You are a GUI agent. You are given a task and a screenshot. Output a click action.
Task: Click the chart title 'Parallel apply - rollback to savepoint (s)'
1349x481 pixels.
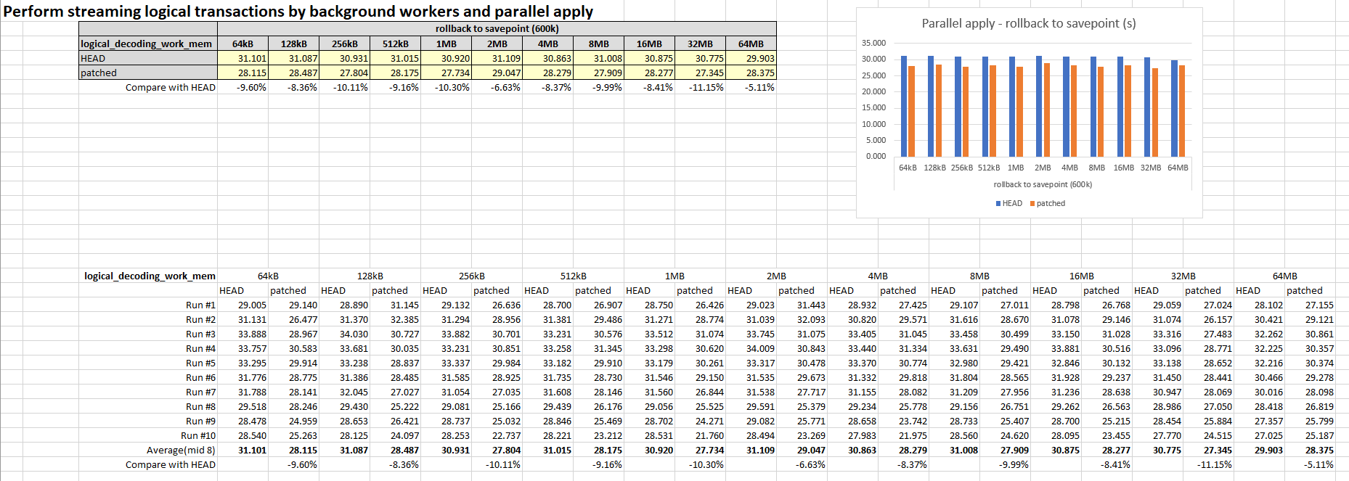(x=1029, y=23)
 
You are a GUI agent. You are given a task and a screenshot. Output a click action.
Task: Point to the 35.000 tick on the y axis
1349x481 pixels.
(x=873, y=43)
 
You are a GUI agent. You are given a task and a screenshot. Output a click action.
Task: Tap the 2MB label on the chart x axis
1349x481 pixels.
(x=1043, y=168)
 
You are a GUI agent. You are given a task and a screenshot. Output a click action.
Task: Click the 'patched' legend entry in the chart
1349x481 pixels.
(x=1050, y=203)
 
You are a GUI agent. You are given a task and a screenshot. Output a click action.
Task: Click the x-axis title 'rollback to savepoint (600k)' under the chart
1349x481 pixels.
(x=1043, y=184)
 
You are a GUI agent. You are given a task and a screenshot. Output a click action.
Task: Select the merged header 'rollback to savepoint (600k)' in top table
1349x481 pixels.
(x=497, y=28)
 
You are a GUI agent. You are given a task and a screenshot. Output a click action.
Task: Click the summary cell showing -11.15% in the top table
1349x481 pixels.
(x=706, y=87)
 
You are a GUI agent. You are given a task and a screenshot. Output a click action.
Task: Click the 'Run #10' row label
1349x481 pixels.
(x=198, y=435)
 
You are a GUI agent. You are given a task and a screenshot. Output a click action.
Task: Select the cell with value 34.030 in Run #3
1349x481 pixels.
(x=354, y=334)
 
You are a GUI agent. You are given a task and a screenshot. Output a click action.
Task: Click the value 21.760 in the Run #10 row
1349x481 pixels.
(x=709, y=435)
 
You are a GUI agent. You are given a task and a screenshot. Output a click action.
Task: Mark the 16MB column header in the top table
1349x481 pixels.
(x=649, y=44)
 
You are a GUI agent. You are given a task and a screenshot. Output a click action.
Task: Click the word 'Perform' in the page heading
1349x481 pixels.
(x=33, y=12)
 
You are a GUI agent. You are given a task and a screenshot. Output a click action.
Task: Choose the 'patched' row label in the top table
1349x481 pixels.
(x=99, y=73)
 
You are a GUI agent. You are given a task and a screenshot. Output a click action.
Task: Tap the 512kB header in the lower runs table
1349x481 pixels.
(x=573, y=276)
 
